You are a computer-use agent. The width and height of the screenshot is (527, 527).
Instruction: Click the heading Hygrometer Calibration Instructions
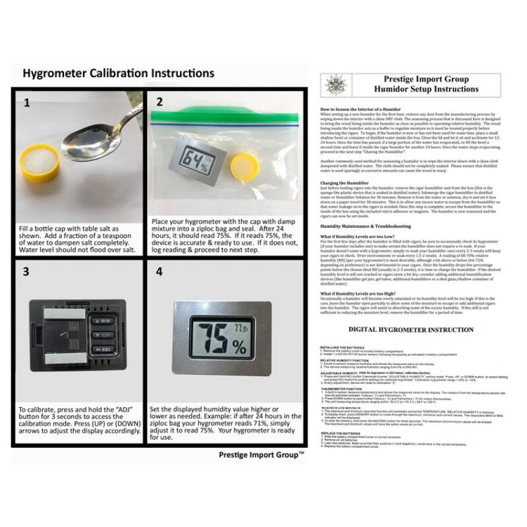pyautogui.click(x=119, y=72)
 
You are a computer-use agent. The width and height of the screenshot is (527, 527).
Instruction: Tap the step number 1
pyautogui.click(x=27, y=103)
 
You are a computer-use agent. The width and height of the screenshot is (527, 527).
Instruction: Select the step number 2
pyautogui.click(x=159, y=102)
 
